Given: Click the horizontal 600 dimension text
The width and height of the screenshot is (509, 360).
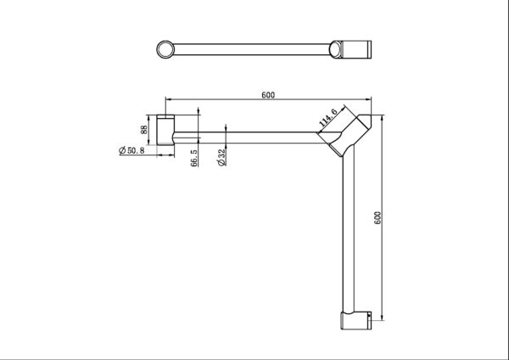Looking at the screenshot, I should click(x=267, y=95).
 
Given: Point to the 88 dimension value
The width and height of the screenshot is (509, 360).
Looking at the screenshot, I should click(x=145, y=129).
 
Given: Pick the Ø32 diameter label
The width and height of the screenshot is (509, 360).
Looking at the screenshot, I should click(x=221, y=159).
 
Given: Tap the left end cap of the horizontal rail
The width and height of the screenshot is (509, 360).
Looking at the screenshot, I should click(x=164, y=129).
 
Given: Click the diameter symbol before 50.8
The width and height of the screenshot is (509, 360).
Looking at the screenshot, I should click(x=121, y=151).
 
